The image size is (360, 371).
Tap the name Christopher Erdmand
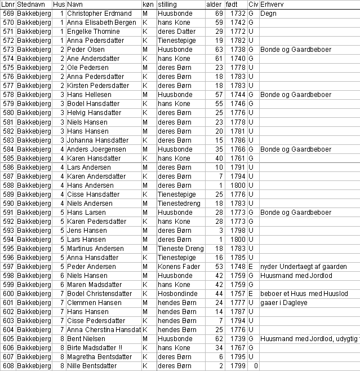(x=99, y=13)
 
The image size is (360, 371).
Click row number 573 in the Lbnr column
(x=8, y=50)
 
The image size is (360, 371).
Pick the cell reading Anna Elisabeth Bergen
(x=101, y=22)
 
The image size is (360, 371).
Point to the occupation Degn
(x=268, y=13)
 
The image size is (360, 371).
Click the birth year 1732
(x=239, y=13)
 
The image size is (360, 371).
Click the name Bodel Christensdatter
(x=100, y=294)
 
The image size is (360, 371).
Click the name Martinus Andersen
(x=95, y=249)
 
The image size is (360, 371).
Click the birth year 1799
(x=239, y=366)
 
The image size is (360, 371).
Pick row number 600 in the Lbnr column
(x=8, y=294)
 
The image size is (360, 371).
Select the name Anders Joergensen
(x=95, y=149)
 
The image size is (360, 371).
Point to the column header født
(x=231, y=4)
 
